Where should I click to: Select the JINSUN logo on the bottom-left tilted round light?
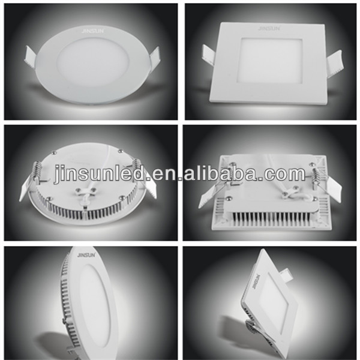(x=88, y=254)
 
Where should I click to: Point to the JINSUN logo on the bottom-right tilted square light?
(x=256, y=281)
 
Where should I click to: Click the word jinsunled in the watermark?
(x=99, y=175)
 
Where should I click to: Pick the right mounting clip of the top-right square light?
(x=335, y=65)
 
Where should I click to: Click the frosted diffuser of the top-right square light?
(x=271, y=60)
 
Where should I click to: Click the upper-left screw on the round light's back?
(x=53, y=152)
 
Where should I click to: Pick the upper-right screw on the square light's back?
(x=312, y=164)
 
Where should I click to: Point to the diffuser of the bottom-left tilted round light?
(x=95, y=305)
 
